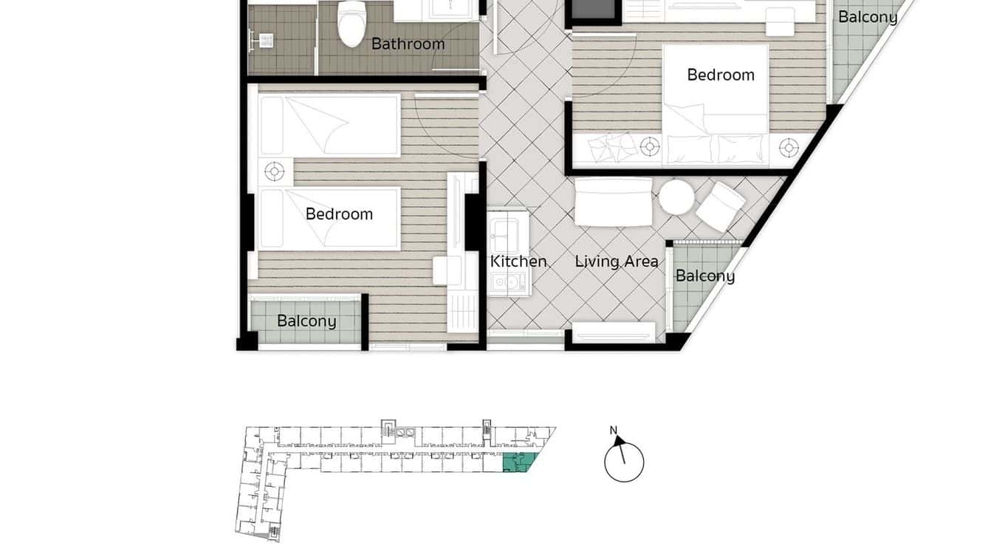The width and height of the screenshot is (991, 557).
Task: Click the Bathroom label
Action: pos(408,44)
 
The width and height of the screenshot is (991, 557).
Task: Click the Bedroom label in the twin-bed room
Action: pos(339,214)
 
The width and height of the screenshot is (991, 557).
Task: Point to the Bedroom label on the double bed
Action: pos(720,75)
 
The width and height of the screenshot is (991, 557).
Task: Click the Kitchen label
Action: pos(518,262)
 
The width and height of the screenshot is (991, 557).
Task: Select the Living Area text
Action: pos(617,262)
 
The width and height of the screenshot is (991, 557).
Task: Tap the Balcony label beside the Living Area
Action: pos(705,276)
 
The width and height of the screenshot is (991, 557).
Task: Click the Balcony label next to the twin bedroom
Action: pos(306,321)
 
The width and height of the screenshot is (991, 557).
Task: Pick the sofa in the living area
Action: pos(614,202)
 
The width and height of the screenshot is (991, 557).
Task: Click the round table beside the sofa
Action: pos(676,197)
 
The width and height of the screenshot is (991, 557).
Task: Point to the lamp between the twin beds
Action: pos(275,172)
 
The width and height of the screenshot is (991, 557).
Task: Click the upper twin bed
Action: pos(329,126)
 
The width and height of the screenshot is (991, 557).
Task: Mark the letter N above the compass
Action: pos(613,431)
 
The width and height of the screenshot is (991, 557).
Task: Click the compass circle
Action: pos(624,462)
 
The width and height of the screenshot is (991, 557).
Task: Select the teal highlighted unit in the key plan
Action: pos(518,464)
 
